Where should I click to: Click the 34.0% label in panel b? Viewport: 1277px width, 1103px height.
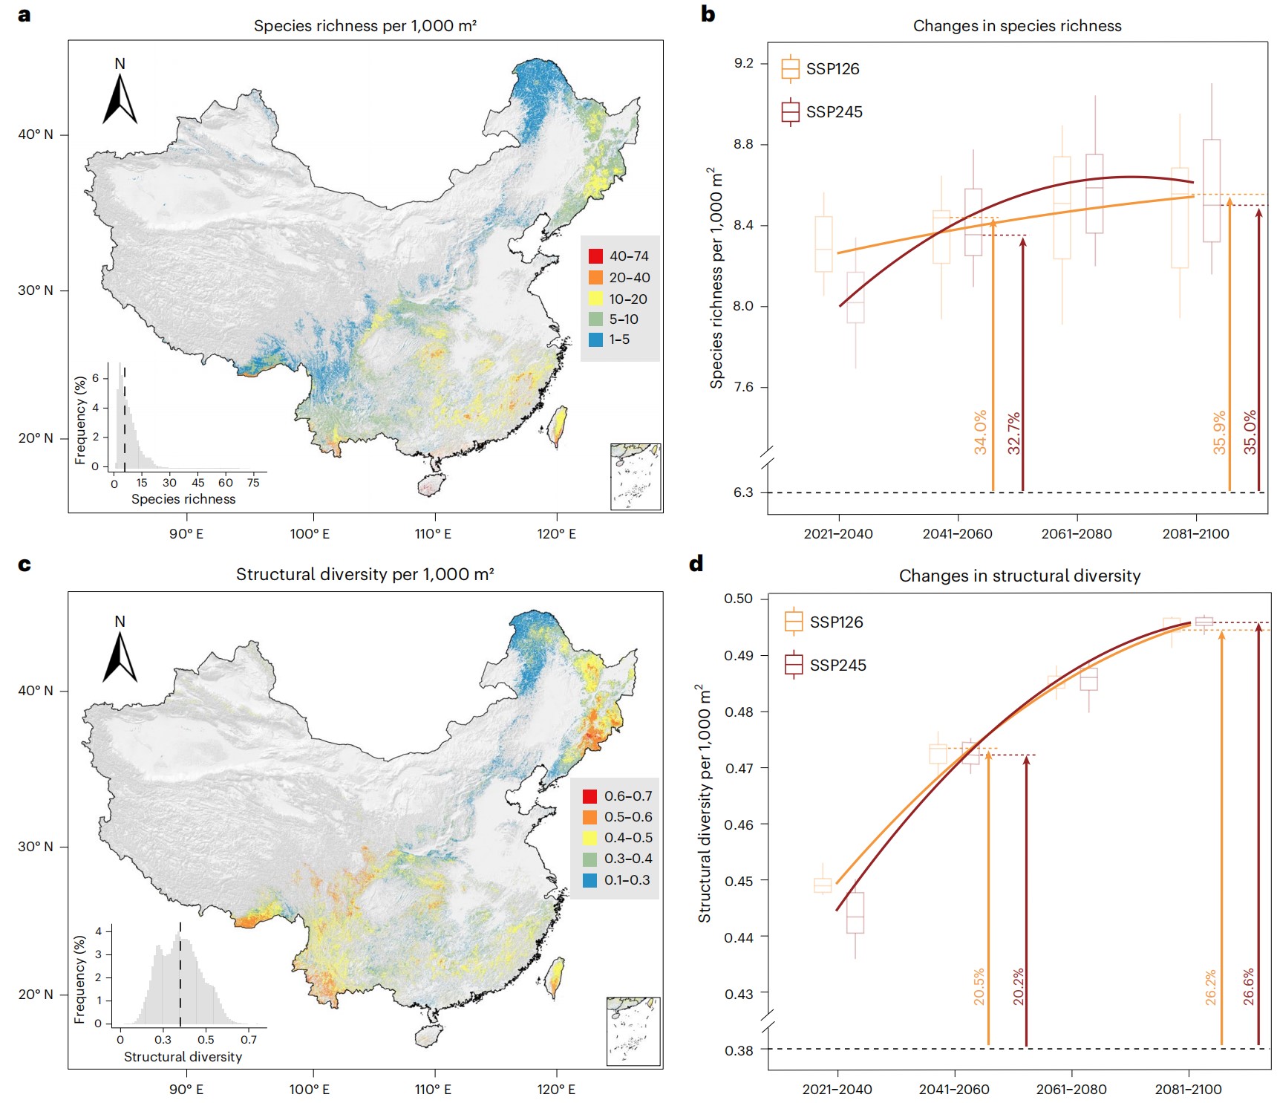tap(980, 432)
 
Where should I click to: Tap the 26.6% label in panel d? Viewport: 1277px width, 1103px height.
tap(1248, 986)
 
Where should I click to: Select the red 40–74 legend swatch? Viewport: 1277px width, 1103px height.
tap(595, 256)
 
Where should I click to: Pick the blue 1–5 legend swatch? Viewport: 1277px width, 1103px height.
tap(595, 339)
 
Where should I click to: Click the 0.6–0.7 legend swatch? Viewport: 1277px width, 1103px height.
tap(590, 796)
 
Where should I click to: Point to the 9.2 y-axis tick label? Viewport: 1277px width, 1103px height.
tap(743, 63)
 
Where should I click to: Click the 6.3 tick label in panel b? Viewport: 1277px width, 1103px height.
tap(743, 492)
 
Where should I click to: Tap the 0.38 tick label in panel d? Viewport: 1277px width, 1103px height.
tap(739, 1050)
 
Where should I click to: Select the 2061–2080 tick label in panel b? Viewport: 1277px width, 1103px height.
tap(1077, 534)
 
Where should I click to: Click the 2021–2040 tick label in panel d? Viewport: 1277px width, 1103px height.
tap(837, 1090)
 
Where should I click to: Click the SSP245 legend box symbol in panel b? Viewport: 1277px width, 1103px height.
tap(791, 112)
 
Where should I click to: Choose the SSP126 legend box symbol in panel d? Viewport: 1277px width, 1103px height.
tap(794, 621)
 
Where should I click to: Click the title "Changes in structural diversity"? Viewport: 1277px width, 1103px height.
tap(1019, 576)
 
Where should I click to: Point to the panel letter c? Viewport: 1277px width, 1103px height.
tap(25, 564)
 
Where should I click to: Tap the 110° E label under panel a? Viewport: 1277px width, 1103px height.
tap(434, 534)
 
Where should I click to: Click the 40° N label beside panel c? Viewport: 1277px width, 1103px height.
tap(36, 691)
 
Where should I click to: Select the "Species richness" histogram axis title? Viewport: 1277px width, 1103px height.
tap(183, 499)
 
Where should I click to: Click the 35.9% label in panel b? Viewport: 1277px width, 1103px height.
tap(1219, 432)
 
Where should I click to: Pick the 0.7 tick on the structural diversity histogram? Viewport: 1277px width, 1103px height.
tap(249, 1040)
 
